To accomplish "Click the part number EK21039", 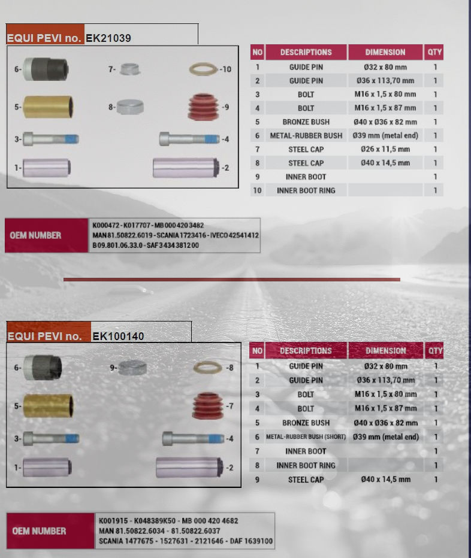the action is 108,38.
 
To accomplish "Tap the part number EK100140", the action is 118,336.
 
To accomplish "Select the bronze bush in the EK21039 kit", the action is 49,108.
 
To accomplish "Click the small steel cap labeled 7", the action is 129,69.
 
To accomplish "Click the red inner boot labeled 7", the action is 208,407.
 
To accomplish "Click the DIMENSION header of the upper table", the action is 385,52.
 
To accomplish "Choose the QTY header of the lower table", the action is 436,351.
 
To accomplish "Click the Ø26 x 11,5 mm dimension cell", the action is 385,149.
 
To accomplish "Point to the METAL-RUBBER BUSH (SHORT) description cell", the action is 306,437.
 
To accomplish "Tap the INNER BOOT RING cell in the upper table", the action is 306,190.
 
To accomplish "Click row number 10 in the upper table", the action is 257,190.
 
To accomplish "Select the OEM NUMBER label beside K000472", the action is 35,235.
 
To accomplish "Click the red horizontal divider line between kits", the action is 231,280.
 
